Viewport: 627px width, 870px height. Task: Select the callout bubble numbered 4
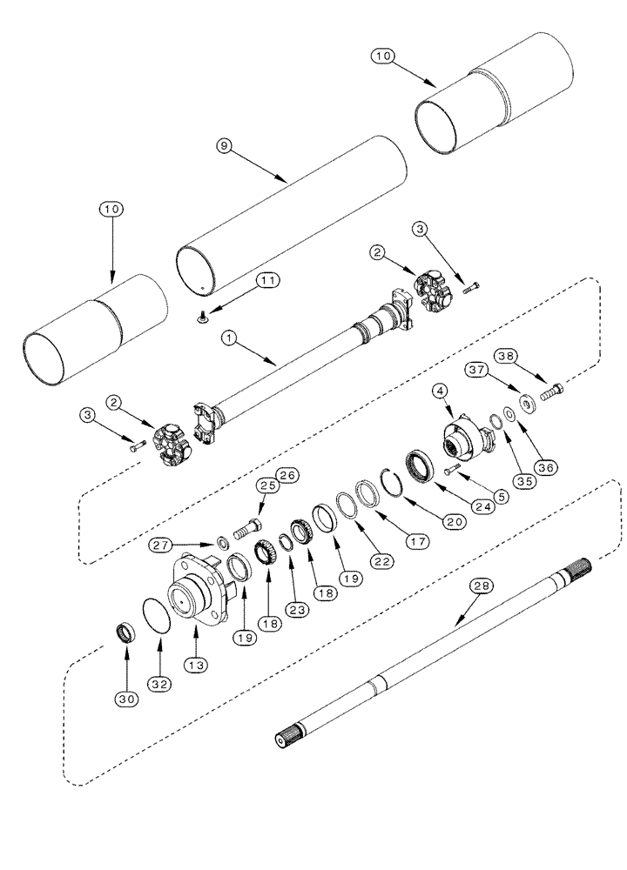[443, 391]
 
